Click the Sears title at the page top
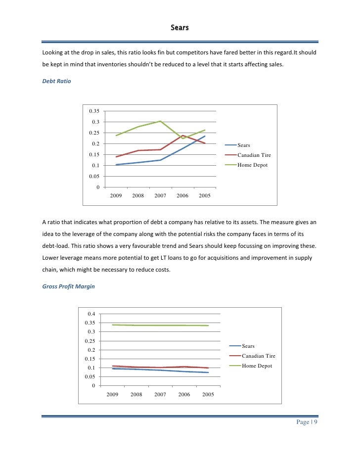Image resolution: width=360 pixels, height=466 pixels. [180, 28]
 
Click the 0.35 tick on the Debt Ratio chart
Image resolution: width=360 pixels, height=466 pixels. [94, 111]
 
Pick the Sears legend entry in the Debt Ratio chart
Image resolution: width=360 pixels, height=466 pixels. [243, 145]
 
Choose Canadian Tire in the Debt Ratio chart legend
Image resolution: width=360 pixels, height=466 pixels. [254, 155]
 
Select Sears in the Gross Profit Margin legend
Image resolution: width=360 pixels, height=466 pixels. [248, 346]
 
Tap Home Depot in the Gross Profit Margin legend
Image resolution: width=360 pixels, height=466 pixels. [257, 366]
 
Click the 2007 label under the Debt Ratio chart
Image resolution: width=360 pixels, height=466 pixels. [160, 196]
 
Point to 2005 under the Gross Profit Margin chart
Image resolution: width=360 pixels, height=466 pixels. [208, 395]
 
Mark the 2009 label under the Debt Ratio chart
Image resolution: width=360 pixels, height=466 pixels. [116, 196]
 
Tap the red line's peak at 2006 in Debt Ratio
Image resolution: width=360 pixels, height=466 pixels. [182, 135]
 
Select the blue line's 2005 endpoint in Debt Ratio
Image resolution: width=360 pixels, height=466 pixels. [205, 136]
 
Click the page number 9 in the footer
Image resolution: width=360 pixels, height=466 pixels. [315, 422]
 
